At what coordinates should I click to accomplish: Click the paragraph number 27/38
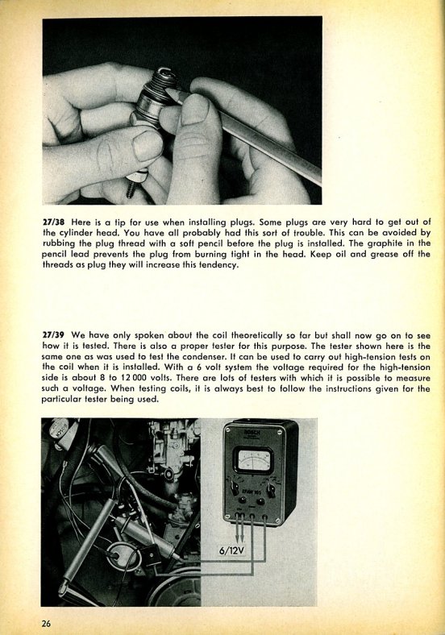[x=54, y=222]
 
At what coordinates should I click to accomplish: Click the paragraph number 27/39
[x=54, y=335]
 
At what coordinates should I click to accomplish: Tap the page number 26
[x=46, y=623]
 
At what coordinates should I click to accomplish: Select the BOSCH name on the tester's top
[x=252, y=433]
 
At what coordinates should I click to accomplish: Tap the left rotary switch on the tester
[x=235, y=488]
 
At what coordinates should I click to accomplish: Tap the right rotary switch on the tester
[x=271, y=490]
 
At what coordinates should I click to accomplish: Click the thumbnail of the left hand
[x=148, y=144]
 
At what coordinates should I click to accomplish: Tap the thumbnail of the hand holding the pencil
[x=194, y=110]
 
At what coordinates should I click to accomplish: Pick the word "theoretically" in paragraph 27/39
[x=256, y=336]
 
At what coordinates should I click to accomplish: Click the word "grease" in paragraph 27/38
[x=384, y=255]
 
